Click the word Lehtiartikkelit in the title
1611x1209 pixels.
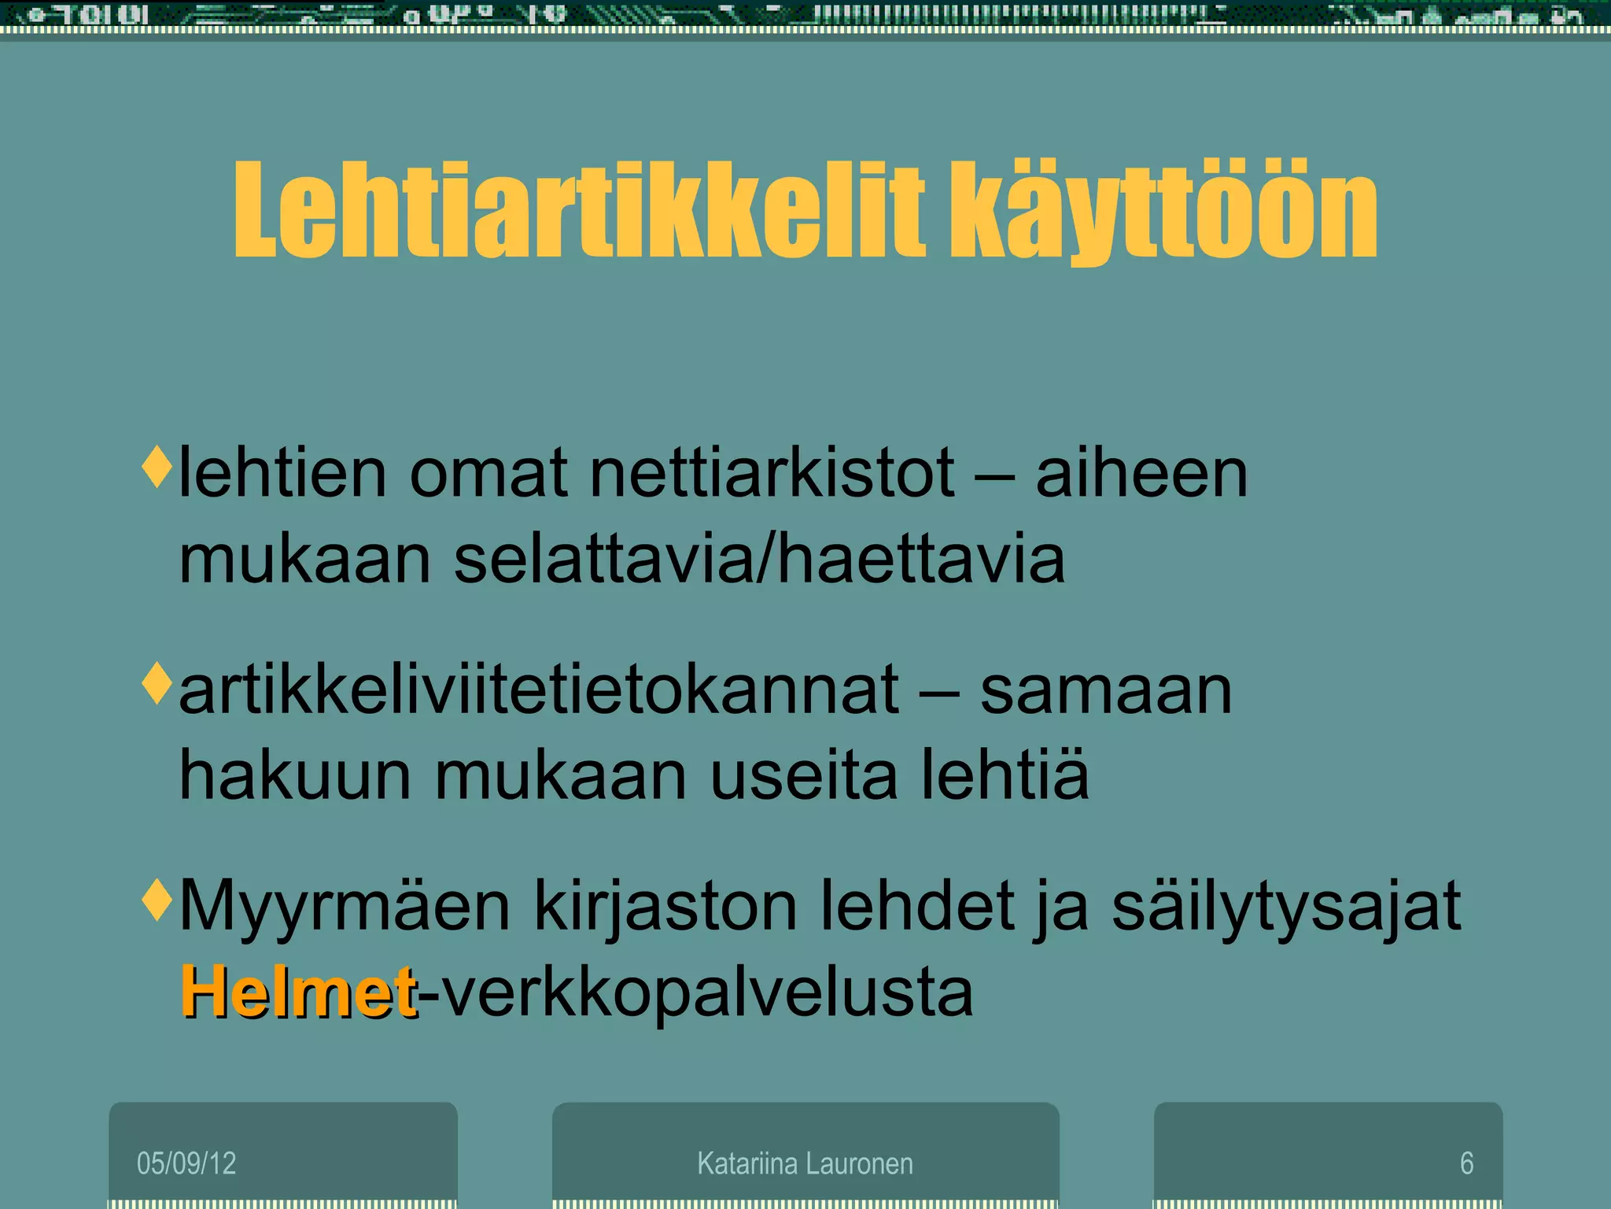coord(578,211)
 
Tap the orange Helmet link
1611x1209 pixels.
coord(298,992)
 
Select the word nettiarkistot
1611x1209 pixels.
coord(772,474)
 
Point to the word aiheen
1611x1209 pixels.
coord(1141,474)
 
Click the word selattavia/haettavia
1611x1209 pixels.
coord(759,560)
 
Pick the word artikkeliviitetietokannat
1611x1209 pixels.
coord(539,690)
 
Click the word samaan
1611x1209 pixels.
coord(1105,690)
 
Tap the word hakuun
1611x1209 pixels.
coord(295,776)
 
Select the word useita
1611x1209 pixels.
coord(803,776)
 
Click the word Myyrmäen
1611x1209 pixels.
coord(345,907)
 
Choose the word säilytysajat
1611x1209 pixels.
coord(1286,907)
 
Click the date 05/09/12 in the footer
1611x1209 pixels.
coord(186,1163)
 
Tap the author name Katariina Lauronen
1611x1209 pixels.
coord(805,1163)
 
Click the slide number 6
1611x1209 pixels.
coord(1466,1163)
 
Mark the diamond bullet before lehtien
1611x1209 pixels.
coord(157,466)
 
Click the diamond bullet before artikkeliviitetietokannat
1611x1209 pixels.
coord(157,682)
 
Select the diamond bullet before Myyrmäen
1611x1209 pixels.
coord(157,899)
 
